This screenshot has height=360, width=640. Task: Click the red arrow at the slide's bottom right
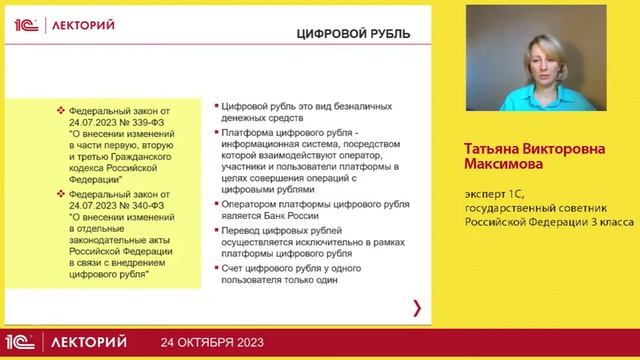click(417, 307)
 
